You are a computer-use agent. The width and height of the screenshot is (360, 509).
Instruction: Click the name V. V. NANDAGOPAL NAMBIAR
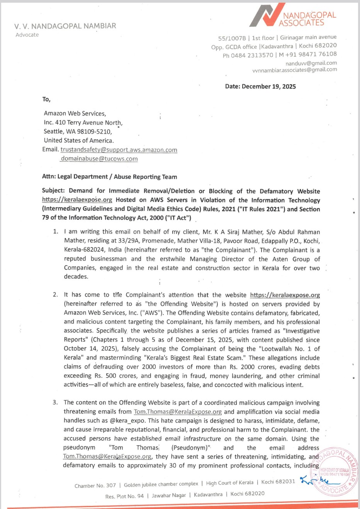(65, 26)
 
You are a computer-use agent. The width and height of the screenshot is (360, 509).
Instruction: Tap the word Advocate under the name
(27, 35)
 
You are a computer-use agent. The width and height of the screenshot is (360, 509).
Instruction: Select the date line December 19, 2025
(260, 87)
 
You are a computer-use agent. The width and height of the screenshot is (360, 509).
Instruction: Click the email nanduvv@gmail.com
(311, 63)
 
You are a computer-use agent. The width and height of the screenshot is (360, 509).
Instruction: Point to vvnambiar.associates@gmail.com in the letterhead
(294, 70)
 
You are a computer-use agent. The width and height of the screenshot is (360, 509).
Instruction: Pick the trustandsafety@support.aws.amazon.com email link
(119, 150)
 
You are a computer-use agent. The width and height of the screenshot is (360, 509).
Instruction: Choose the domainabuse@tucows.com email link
(99, 159)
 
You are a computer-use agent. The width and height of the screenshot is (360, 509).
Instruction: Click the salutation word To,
(46, 99)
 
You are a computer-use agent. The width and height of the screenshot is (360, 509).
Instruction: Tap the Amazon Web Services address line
(75, 114)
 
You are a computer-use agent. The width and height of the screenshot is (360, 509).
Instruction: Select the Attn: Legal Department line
(109, 177)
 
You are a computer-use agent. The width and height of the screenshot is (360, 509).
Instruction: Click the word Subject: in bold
(53, 191)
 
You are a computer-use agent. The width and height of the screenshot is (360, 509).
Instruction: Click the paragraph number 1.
(55, 232)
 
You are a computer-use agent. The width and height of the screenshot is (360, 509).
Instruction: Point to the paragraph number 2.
(55, 295)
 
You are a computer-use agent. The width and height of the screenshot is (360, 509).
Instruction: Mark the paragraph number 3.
(55, 402)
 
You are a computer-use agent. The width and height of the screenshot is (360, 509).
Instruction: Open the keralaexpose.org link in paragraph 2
(285, 295)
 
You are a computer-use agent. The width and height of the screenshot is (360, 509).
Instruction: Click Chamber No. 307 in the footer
(95, 485)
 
